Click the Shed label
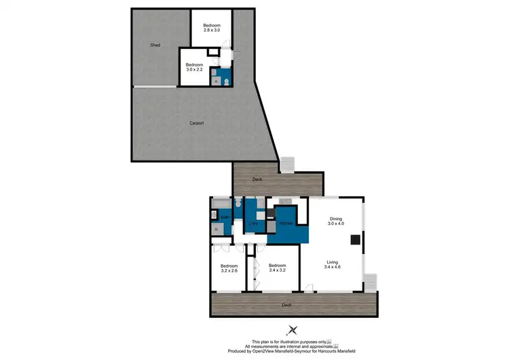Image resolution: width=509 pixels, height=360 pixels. [x=155, y=46]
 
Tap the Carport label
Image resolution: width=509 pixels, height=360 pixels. [x=197, y=123]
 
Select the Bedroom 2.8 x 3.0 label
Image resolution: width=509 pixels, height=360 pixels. [x=212, y=28]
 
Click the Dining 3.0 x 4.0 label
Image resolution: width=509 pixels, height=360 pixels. [x=336, y=221]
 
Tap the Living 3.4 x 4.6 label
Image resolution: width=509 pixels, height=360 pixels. [x=333, y=264]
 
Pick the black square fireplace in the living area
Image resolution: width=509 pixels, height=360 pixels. [x=354, y=239]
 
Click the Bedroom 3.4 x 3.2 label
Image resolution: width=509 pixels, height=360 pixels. [x=278, y=268]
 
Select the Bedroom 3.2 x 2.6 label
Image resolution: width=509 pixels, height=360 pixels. [x=229, y=268]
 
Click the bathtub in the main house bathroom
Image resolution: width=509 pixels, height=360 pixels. [x=221, y=204]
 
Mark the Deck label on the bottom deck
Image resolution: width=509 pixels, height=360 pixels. [x=288, y=306]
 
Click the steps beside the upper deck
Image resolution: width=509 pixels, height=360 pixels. [x=287, y=164]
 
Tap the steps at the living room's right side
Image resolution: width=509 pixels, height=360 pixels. [x=370, y=281]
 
